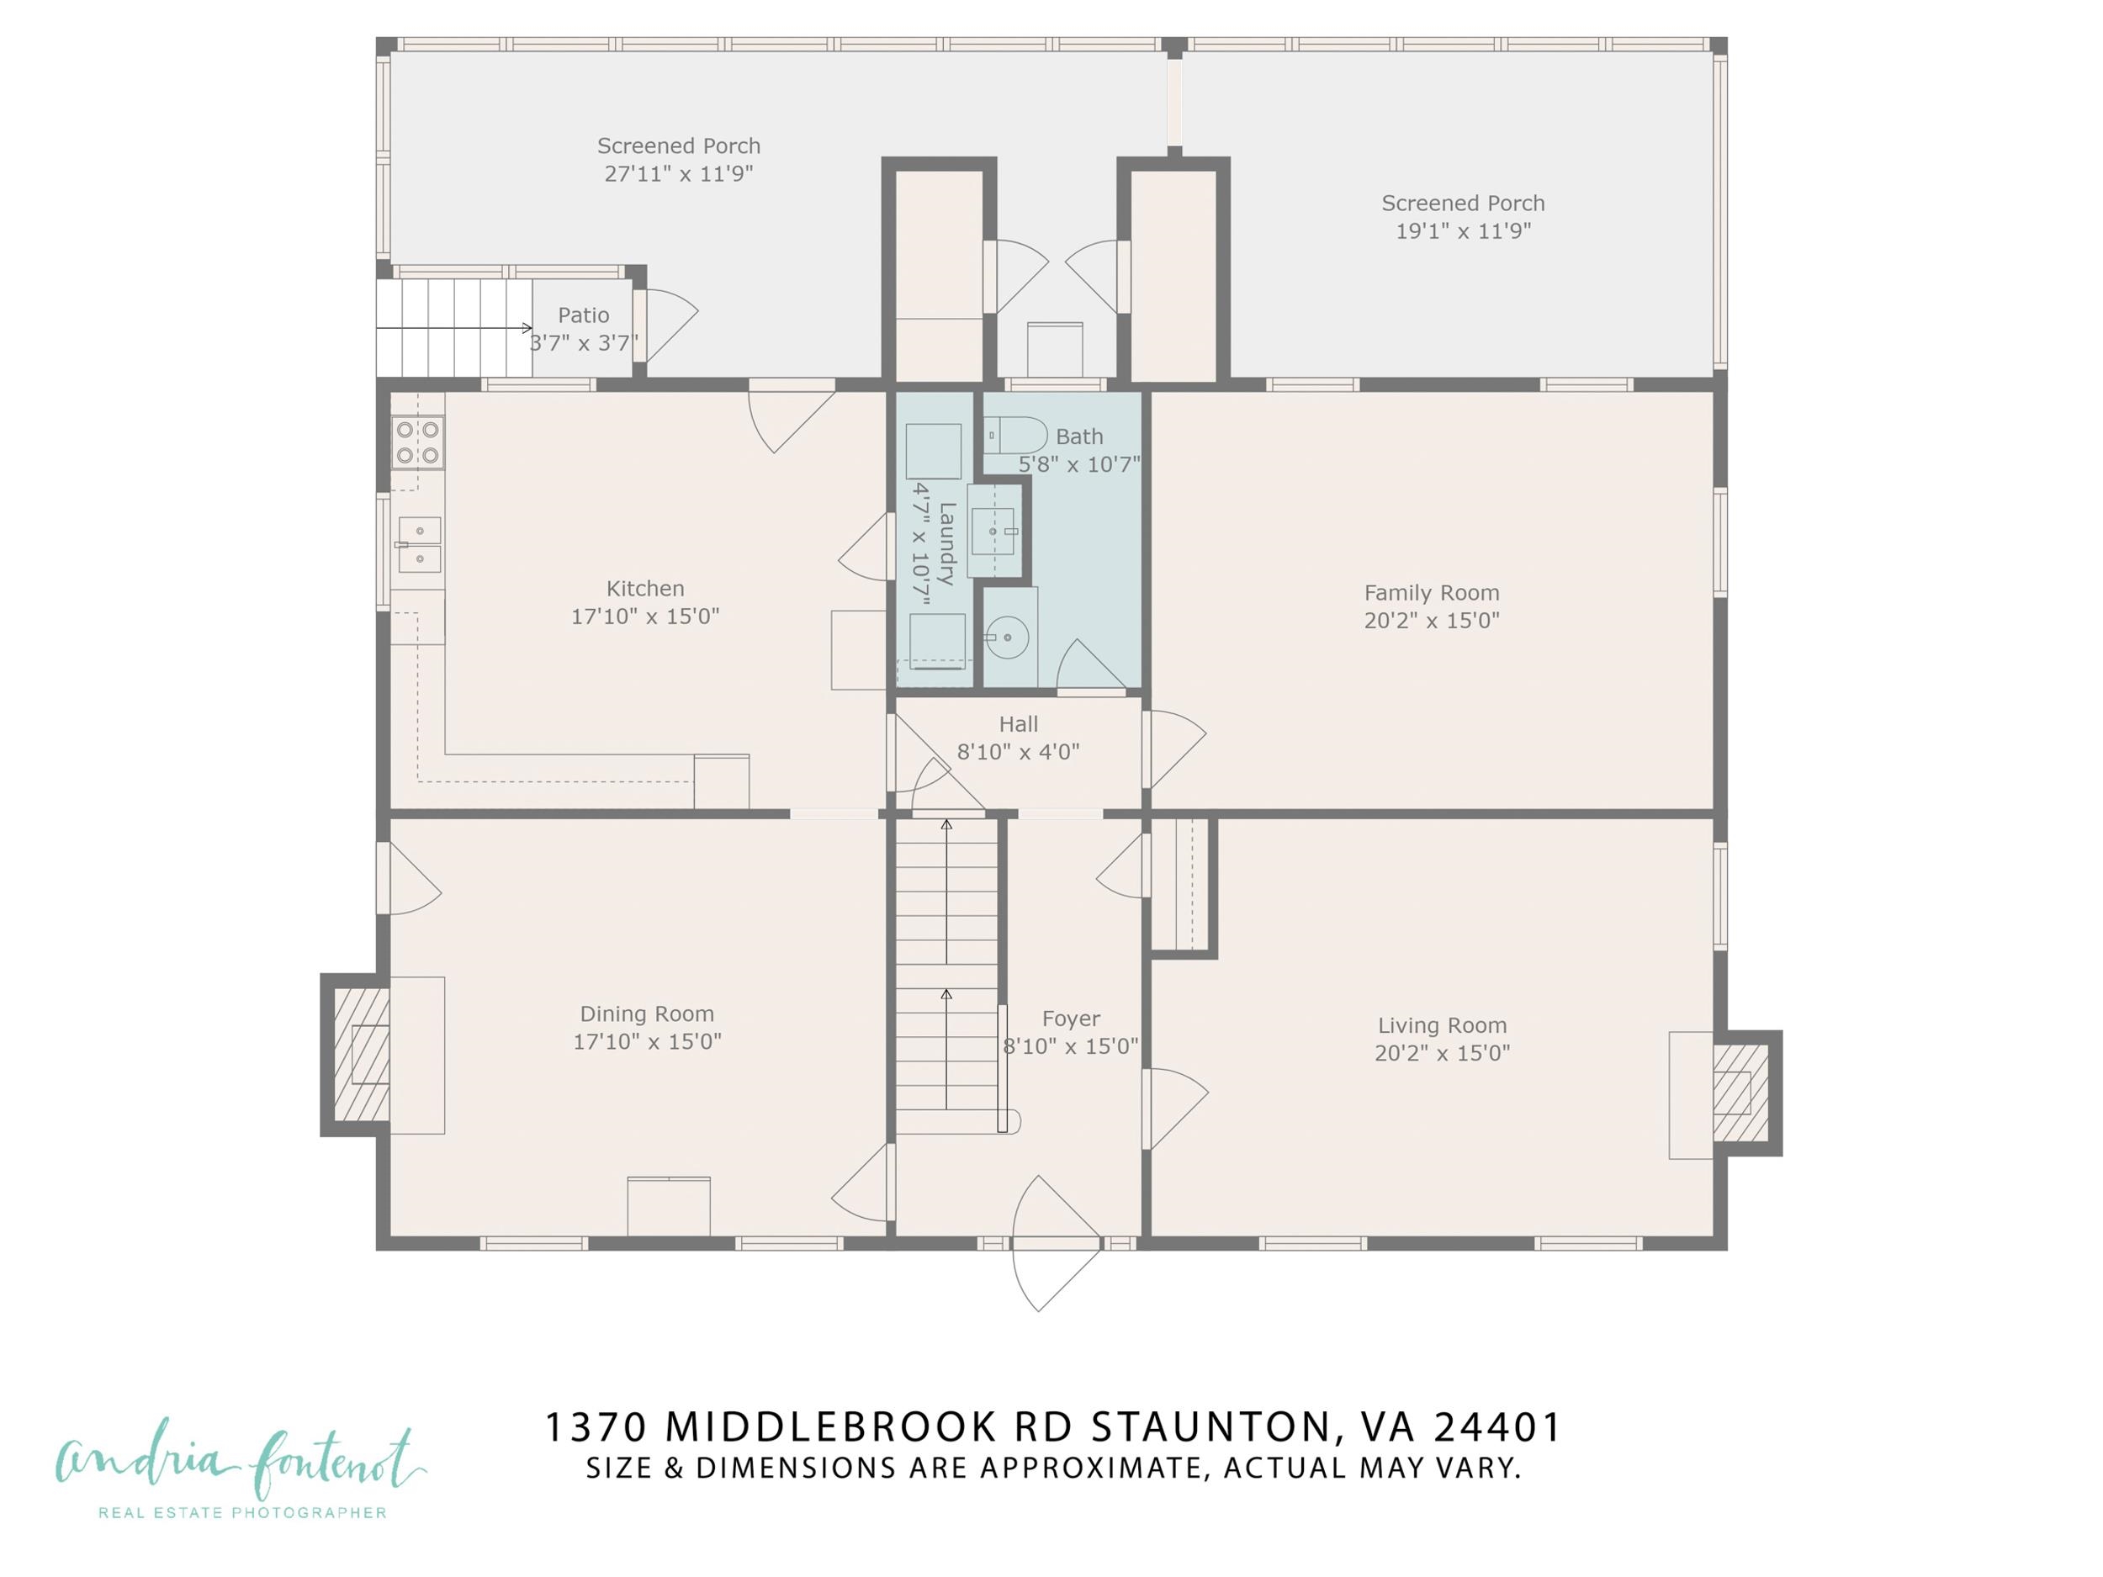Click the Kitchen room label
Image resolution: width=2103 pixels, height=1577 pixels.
click(644, 589)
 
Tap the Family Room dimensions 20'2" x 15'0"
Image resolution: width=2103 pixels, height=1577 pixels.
click(1431, 621)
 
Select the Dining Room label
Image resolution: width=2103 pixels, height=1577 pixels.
click(647, 1014)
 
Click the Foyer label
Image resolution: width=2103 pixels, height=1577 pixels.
click(1071, 1019)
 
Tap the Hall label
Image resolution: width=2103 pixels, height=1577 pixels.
click(1017, 724)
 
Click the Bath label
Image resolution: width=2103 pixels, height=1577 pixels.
click(1079, 437)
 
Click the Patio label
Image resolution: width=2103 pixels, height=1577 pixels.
click(583, 315)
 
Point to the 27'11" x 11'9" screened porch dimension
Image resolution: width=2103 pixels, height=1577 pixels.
click(678, 174)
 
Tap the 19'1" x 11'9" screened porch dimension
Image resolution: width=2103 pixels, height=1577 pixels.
click(1462, 231)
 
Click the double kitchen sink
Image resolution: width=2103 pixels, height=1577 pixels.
click(418, 545)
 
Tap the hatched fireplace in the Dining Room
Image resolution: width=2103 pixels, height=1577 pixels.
click(360, 1056)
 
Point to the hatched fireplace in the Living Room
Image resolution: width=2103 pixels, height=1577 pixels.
click(1740, 1093)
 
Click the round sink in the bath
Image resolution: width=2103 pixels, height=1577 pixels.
click(1007, 637)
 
